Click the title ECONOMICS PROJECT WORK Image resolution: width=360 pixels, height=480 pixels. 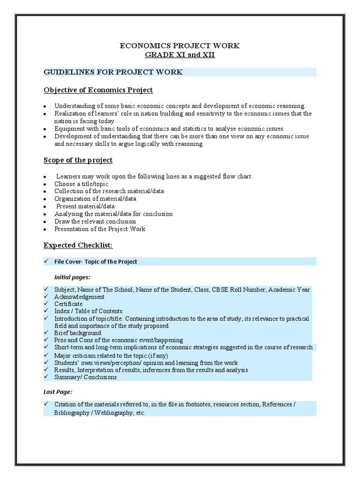[180, 45]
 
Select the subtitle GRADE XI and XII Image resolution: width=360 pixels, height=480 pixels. [180, 54]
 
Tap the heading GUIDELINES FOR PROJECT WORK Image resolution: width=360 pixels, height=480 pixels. [113, 72]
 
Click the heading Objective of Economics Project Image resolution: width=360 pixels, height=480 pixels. [98, 90]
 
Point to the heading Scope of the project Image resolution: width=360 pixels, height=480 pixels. [78, 160]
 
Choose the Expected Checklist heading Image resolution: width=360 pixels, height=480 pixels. [78, 245]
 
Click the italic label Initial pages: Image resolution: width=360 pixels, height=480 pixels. [73, 277]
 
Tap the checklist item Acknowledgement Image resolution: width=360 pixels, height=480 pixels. [79, 297]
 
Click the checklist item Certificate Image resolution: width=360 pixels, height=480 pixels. [68, 304]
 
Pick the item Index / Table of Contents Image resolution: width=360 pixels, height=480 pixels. [88, 311]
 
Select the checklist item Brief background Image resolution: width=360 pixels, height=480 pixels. [77, 332]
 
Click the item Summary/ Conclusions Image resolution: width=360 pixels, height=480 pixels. [85, 377]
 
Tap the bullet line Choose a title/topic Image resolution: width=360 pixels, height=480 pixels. [81, 184]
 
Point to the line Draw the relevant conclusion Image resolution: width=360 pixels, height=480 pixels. [95, 221]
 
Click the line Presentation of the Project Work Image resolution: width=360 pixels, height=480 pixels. [99, 229]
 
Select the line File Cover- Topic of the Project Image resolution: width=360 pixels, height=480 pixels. [96, 262]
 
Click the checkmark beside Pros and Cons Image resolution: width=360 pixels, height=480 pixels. [46, 340]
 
